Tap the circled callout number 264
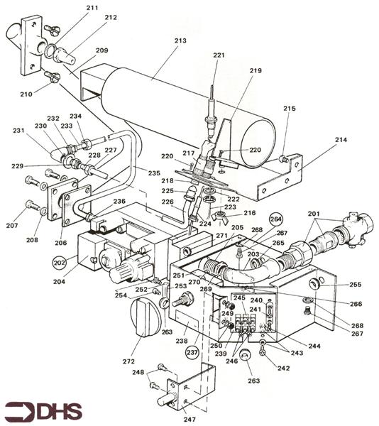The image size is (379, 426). pyautogui.click(x=276, y=219)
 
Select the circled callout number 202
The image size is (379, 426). pyautogui.click(x=60, y=263)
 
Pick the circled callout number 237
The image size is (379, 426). pyautogui.click(x=192, y=353)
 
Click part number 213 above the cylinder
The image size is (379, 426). pyautogui.click(x=180, y=40)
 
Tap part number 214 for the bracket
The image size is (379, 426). pyautogui.click(x=341, y=140)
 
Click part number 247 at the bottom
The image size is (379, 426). pyautogui.click(x=189, y=420)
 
